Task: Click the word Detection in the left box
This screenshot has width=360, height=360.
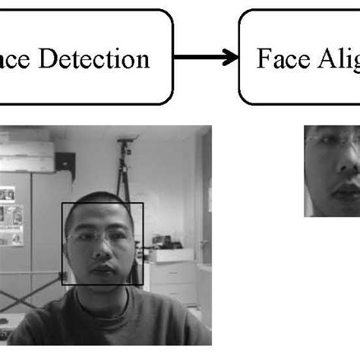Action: coord(102,59)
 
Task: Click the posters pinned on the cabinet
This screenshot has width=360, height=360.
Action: coord(11,216)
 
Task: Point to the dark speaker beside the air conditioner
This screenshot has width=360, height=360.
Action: coord(66,161)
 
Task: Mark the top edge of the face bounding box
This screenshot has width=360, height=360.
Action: coord(103,203)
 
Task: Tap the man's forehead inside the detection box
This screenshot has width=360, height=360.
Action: coord(99,222)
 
